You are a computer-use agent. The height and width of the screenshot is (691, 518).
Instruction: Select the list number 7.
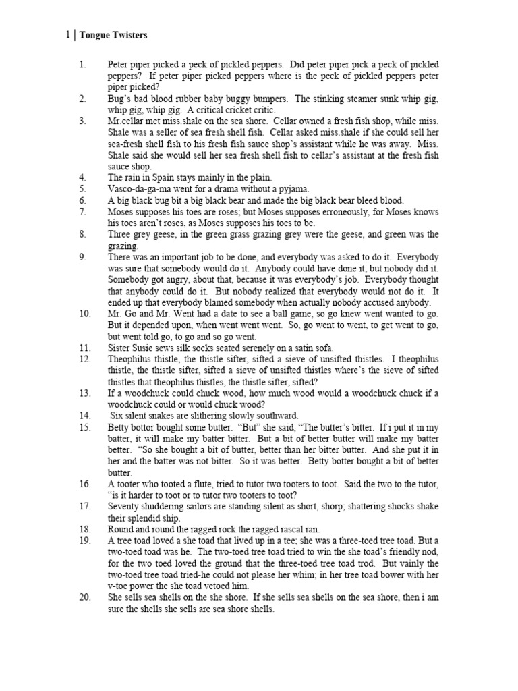[83, 211]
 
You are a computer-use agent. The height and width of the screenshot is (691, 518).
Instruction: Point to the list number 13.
[84, 393]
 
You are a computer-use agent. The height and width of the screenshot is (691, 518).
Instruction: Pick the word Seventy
[124, 506]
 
